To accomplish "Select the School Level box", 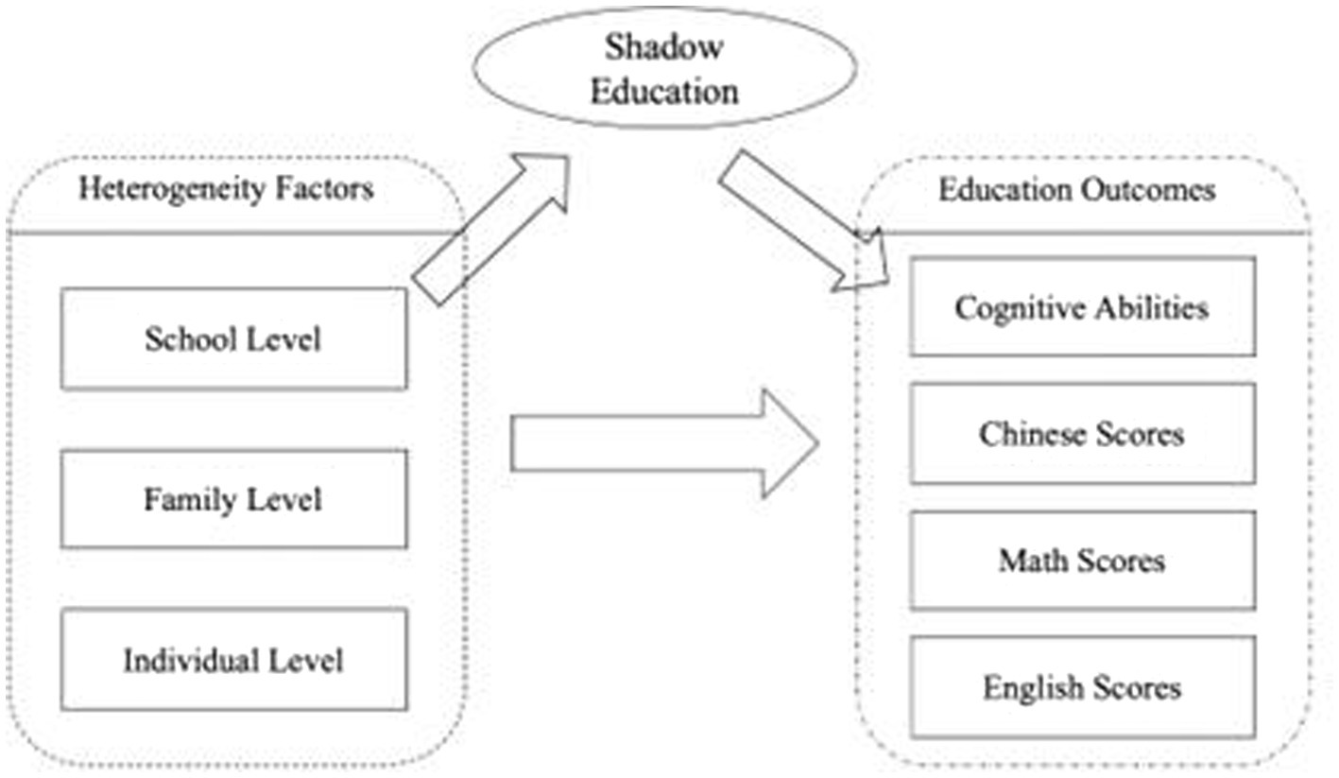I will point(233,338).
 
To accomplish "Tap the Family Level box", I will point(233,498).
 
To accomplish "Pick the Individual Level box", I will point(233,659).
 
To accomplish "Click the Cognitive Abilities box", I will point(1082,307).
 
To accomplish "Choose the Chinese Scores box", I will point(1082,434).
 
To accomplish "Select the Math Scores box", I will point(1082,561).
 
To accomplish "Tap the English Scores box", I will point(1082,686).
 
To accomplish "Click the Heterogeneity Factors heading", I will point(226,189).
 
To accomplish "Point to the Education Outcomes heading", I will point(1076,190).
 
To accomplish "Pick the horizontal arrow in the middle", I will point(661,442).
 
